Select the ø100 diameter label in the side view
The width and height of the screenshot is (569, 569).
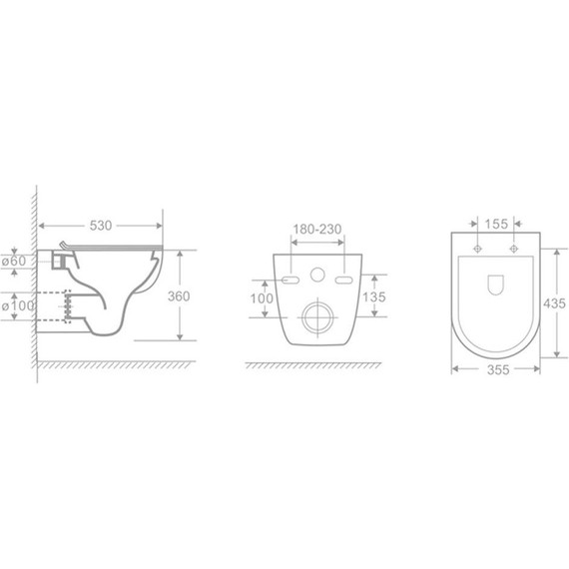17,304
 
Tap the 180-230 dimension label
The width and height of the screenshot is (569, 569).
317,230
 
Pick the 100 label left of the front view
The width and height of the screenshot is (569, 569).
261,298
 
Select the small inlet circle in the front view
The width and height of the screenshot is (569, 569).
318,275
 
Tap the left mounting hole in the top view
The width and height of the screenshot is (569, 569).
478,248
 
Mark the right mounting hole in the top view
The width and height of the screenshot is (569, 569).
514,248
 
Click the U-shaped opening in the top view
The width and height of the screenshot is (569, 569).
496,284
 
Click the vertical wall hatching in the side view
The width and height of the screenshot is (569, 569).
33,280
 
